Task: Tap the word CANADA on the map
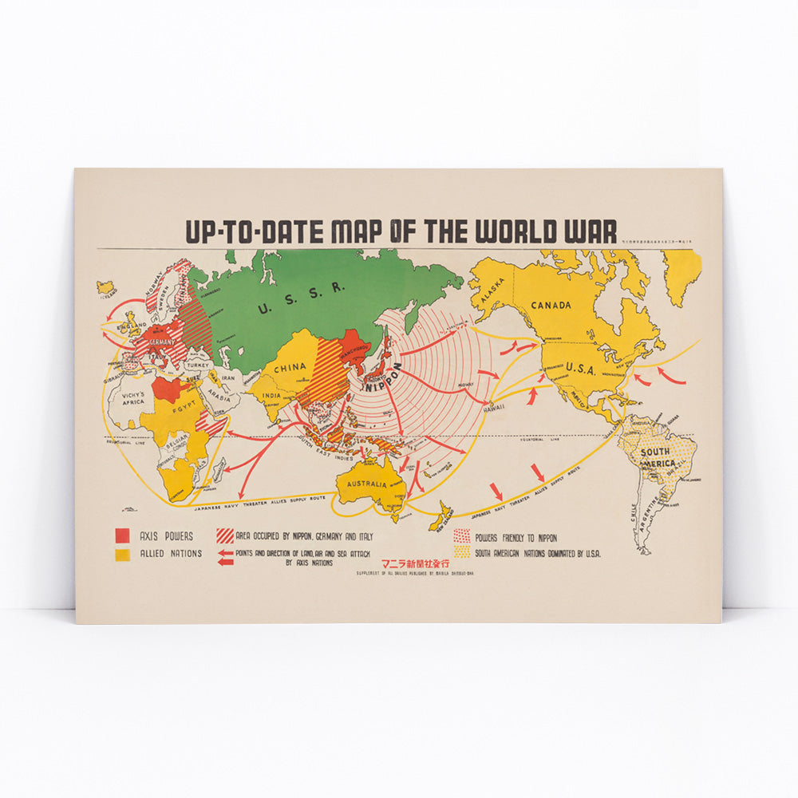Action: (x=552, y=306)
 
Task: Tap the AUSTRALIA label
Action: (x=366, y=484)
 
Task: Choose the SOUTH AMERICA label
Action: (x=658, y=458)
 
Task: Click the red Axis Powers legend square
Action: (x=122, y=534)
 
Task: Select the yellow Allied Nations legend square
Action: (x=122, y=552)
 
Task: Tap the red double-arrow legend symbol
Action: (x=225, y=558)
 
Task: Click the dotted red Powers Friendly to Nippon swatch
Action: (x=461, y=535)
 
